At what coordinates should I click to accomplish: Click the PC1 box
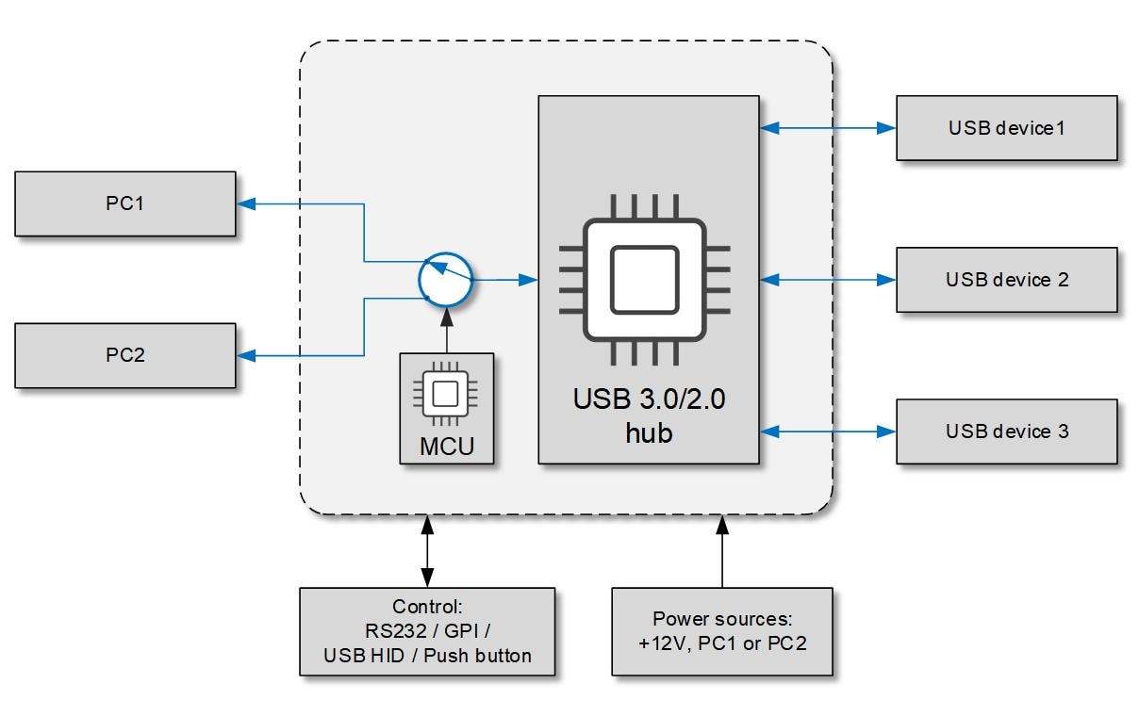click(x=124, y=203)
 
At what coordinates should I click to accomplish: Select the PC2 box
click(x=124, y=355)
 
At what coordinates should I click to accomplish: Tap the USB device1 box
click(x=1006, y=127)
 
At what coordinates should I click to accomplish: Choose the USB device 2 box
click(x=1006, y=280)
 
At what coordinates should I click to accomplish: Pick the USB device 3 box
click(x=1006, y=431)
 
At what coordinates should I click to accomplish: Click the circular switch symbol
click(x=446, y=279)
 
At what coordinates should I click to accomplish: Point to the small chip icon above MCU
click(x=446, y=395)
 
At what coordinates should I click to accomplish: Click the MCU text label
click(x=446, y=445)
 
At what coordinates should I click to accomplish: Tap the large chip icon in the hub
click(x=644, y=279)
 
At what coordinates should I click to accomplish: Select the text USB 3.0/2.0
click(x=649, y=399)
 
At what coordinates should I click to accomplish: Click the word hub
click(x=649, y=433)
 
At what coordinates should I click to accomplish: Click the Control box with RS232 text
click(x=427, y=631)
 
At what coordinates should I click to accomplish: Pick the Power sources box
click(x=721, y=631)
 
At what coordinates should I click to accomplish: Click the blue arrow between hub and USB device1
click(x=827, y=127)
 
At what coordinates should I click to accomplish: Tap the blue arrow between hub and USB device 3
click(x=827, y=431)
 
